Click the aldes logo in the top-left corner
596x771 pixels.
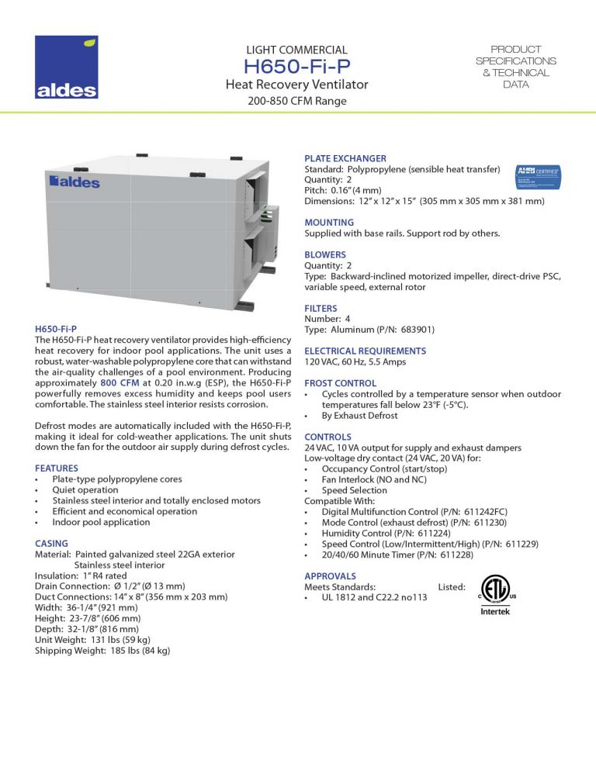(66, 67)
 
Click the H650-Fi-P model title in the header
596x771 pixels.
(296, 67)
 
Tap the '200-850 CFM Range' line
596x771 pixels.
(296, 101)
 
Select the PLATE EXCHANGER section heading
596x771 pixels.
(345, 158)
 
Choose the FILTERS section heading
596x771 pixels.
(321, 308)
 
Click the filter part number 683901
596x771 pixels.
(411, 329)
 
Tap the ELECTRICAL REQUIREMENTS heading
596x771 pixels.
(365, 351)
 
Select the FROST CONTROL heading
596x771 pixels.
(340, 383)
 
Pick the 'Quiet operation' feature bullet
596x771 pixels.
(85, 490)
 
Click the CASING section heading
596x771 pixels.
(51, 544)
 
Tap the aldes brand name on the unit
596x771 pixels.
(74, 183)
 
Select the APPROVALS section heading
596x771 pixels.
(330, 576)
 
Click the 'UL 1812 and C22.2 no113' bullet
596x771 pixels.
(374, 598)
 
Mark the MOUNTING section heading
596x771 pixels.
(329, 223)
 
